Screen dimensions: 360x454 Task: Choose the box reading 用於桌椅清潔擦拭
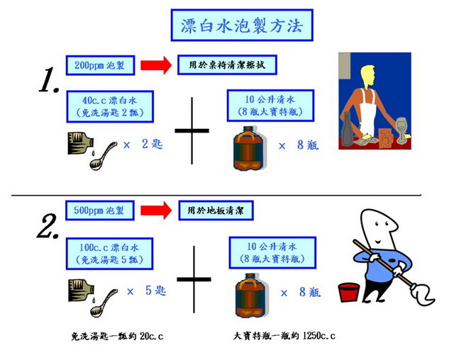click(226, 65)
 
